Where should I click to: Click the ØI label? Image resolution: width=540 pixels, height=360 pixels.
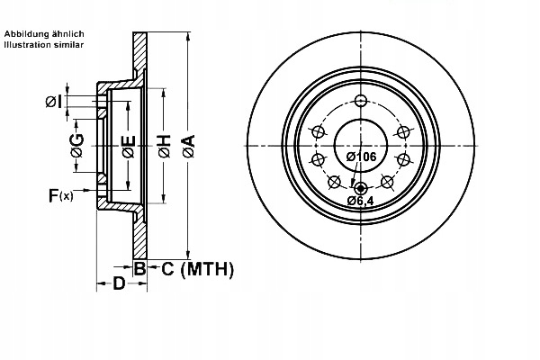53,101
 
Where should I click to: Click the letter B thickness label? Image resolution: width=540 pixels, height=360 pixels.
139,268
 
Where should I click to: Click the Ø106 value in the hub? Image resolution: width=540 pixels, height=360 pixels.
360,157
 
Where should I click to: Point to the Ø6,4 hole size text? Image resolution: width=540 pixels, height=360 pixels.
361,202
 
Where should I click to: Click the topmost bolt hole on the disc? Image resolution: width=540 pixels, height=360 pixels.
361,100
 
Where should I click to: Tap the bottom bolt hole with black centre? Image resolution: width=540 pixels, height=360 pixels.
361,187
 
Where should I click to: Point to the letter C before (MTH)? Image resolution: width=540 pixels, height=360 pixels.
167,268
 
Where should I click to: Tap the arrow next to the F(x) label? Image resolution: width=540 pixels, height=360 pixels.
90,193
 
